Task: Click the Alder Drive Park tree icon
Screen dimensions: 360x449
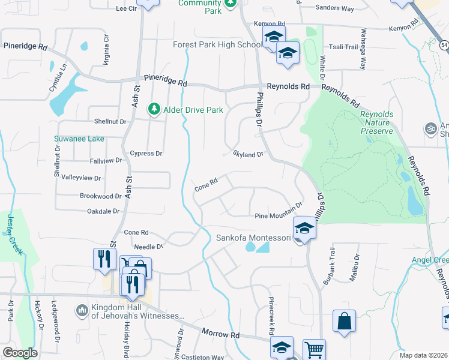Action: click(x=155, y=109)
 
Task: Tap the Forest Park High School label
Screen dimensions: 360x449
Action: click(x=216, y=45)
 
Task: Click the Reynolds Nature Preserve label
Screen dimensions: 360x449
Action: click(x=376, y=122)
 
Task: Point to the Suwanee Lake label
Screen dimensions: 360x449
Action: click(x=79, y=139)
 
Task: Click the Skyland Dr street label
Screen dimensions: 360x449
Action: click(x=248, y=154)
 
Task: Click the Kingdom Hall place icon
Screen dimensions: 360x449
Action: click(x=82, y=310)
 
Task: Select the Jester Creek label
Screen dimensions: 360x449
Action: click(x=13, y=238)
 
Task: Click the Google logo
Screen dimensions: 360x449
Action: click(x=20, y=353)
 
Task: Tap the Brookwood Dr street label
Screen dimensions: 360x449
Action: click(x=101, y=196)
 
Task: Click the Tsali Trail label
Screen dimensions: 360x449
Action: click(x=343, y=47)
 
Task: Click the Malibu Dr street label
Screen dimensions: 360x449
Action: click(x=357, y=266)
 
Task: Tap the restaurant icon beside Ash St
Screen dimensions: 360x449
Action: click(x=104, y=259)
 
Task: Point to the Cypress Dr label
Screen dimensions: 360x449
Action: click(x=146, y=154)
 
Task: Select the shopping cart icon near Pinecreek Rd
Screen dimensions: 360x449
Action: click(x=314, y=350)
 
